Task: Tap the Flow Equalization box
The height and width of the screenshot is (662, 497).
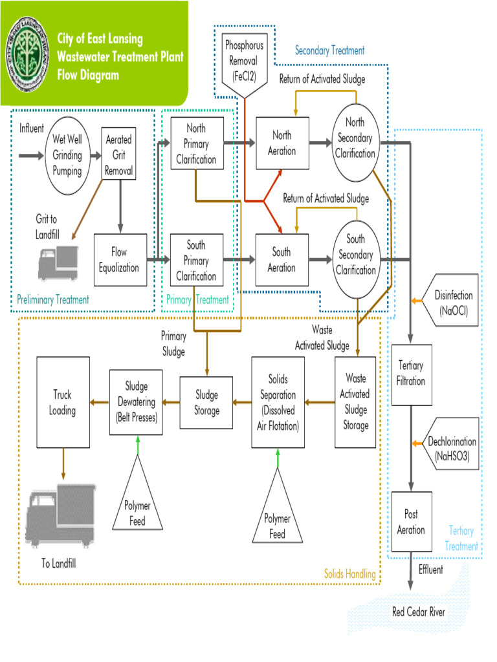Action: tap(120, 260)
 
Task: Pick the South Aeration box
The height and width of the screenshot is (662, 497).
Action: tap(282, 260)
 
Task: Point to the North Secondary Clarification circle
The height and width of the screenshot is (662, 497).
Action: tap(355, 138)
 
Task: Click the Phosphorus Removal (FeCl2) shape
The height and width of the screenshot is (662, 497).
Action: tap(241, 61)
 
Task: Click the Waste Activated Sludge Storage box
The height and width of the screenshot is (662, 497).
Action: tap(356, 402)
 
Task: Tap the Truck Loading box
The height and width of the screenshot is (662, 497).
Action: tap(63, 402)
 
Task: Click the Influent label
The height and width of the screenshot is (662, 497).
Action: tap(32, 128)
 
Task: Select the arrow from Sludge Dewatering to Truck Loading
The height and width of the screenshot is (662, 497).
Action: tap(98, 402)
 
